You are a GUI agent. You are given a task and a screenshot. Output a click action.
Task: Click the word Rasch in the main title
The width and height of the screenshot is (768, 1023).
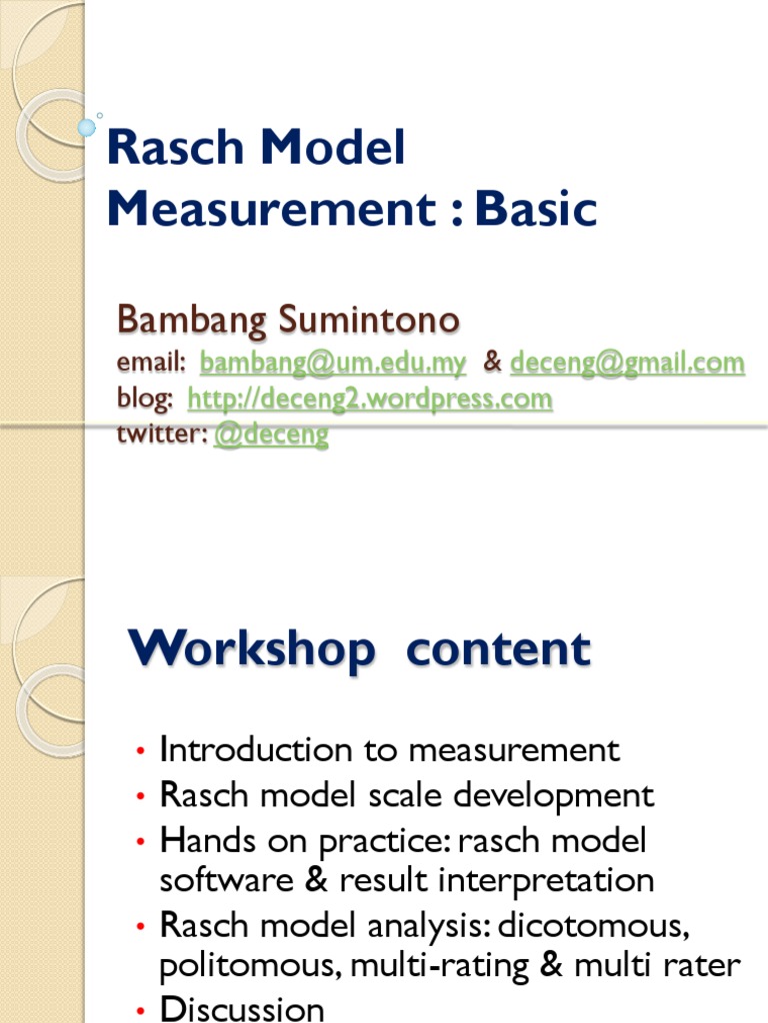pos(175,149)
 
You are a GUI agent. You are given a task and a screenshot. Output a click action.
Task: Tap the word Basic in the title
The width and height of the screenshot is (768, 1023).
pos(536,209)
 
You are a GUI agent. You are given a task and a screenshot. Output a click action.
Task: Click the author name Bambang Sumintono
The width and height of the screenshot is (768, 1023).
pos(288,321)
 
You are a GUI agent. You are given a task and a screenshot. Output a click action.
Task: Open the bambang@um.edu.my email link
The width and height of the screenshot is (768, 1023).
pos(333,363)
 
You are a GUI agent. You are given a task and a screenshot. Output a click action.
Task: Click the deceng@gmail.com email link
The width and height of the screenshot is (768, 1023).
pos(627,363)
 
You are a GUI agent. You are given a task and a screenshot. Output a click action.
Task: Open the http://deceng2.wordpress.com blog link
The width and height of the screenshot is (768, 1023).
pos(370,400)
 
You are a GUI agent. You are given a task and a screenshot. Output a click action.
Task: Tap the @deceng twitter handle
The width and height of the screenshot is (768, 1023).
pos(271,436)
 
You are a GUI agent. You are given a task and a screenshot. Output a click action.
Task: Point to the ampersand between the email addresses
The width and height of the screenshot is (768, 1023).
pos(492,363)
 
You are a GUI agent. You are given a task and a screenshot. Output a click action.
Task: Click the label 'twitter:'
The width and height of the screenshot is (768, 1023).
pos(161,436)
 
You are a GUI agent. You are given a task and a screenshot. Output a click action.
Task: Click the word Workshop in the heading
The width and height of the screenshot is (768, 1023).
pos(252,650)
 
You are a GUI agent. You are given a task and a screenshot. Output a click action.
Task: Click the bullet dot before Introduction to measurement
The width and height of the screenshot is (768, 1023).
pos(142,751)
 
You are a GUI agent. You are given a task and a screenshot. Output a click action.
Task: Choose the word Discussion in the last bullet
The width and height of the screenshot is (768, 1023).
pos(242,1009)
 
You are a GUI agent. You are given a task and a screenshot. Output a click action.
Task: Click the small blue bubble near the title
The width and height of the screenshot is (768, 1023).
pos(87,127)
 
